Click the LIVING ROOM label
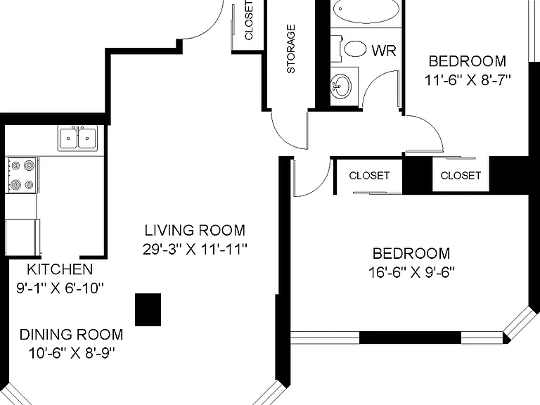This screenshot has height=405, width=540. (x=195, y=231)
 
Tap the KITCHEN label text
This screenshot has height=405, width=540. (x=60, y=269)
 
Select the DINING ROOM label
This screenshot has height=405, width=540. (x=71, y=335)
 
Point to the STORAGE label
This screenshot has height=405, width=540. (x=291, y=49)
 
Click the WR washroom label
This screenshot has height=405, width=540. (x=384, y=51)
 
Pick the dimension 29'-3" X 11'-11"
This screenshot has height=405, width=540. (x=195, y=250)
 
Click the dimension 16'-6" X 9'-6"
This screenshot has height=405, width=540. (x=411, y=272)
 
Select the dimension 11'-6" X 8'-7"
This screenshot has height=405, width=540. (x=468, y=80)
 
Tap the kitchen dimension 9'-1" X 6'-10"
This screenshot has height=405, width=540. (x=60, y=288)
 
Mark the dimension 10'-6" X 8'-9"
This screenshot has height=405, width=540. (x=71, y=353)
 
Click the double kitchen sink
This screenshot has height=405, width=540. (x=77, y=138)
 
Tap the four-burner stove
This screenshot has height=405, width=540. (x=22, y=175)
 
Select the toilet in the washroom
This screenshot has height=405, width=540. (x=352, y=49)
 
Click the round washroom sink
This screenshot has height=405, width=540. (x=341, y=86)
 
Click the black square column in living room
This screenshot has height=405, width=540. (x=148, y=309)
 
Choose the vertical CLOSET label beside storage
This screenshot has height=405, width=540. (x=249, y=20)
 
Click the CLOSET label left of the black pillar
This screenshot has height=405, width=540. (x=369, y=176)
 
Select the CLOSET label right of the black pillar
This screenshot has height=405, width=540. (x=461, y=176)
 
